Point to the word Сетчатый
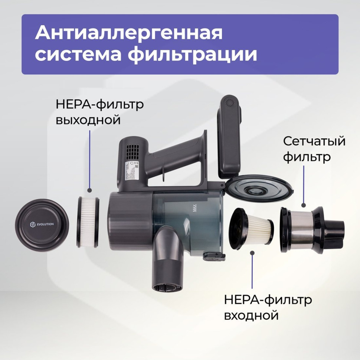coord(314,141)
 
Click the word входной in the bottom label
coord(252,315)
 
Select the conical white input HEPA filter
coord(252,228)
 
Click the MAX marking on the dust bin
coord(194,207)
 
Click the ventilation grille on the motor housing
coord(132,151)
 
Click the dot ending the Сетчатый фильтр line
coord(303,205)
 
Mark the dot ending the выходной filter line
coord(89,190)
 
